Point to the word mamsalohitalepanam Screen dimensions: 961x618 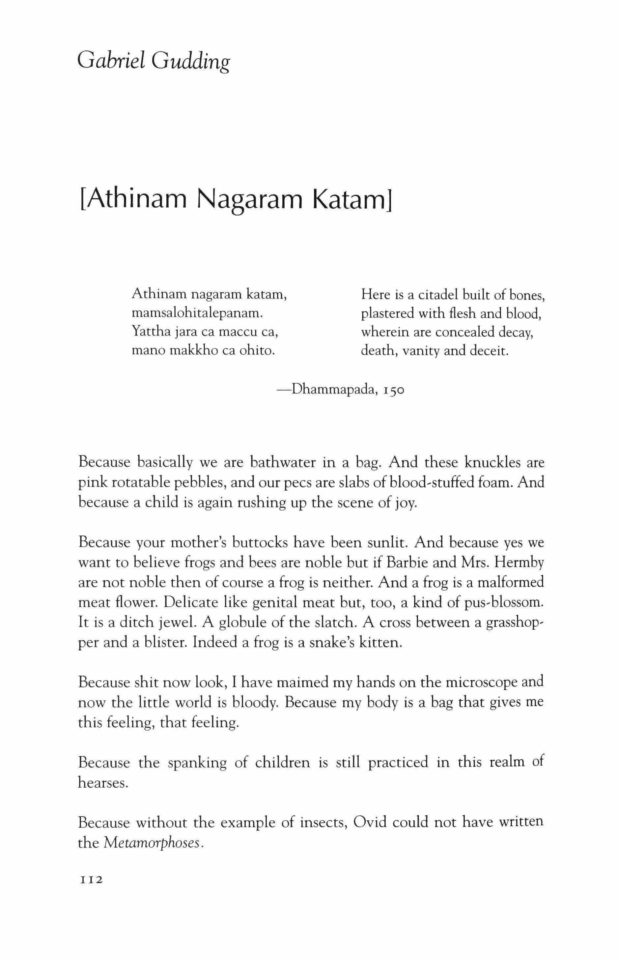[197, 313]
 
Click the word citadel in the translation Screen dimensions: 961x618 [438, 295]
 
